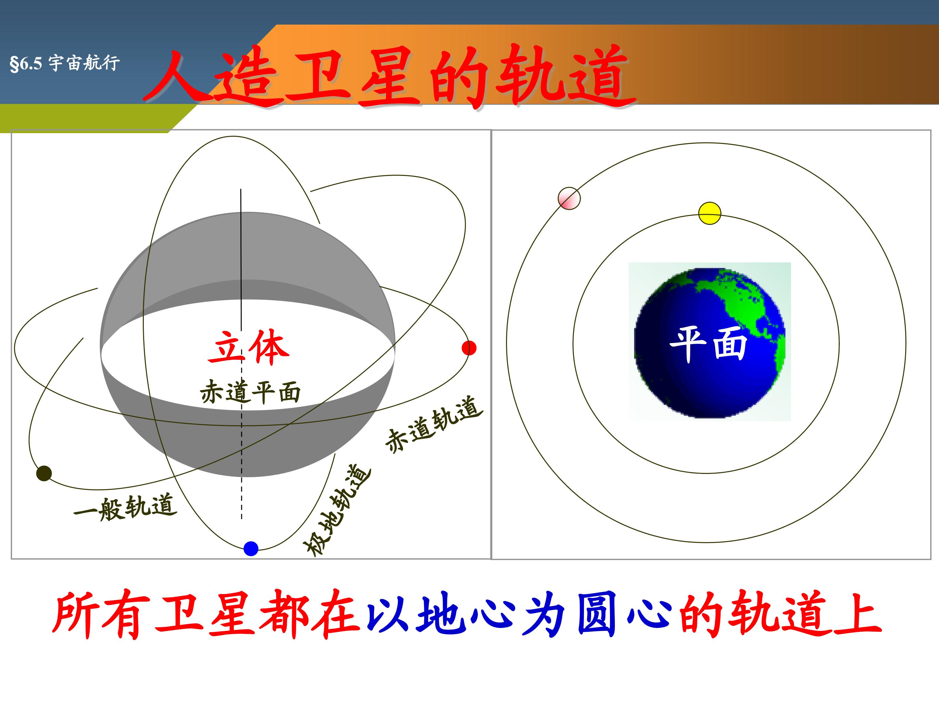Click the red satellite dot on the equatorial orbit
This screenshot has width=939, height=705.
click(469, 348)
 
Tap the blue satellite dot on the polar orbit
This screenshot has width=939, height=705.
click(251, 549)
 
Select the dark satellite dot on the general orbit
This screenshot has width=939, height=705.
click(44, 473)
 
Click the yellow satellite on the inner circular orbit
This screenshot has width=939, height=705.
click(710, 213)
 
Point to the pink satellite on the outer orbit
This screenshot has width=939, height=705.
click(569, 198)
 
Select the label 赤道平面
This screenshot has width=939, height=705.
click(250, 391)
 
